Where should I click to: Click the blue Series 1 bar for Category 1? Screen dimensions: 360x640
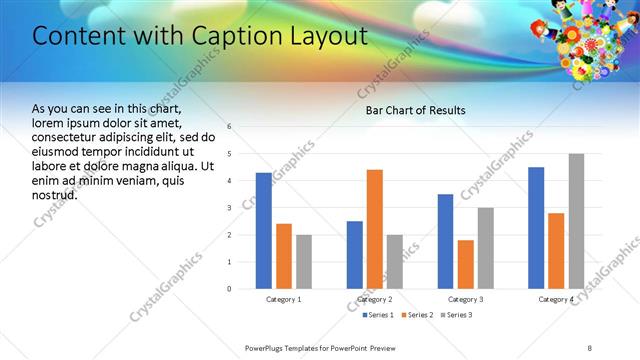pos(263,231)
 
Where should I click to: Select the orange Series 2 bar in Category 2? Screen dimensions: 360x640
pos(375,229)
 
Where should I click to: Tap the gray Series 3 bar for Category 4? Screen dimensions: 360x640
pos(576,221)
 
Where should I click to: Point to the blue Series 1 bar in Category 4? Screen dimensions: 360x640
pos(536,228)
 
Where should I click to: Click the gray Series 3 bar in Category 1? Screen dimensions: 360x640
pos(303,262)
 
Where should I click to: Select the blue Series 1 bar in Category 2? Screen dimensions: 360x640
pos(355,255)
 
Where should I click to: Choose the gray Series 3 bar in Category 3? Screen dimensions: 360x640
pos(485,248)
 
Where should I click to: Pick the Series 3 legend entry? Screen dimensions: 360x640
pos(456,315)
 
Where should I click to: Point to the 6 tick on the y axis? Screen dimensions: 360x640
pos(230,127)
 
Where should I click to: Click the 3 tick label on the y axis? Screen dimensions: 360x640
pos(230,208)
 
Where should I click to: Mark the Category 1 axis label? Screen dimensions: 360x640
pos(284,299)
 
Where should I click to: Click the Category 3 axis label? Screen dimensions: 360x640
pos(465,299)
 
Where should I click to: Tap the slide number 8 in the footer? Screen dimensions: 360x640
pos(589,347)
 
